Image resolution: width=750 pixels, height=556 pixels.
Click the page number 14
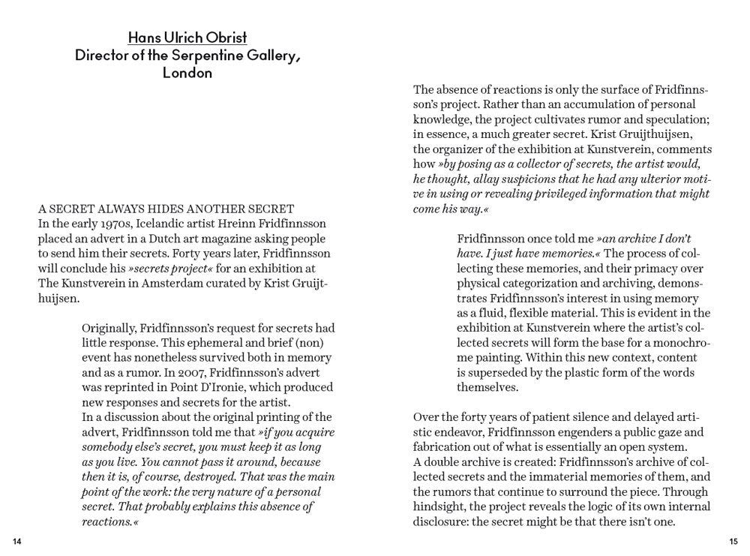(x=17, y=542)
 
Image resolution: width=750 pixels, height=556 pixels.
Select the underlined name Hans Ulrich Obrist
(x=187, y=38)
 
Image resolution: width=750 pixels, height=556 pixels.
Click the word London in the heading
(x=187, y=73)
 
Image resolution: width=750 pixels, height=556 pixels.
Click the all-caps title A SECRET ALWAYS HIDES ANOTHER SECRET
(x=166, y=209)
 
